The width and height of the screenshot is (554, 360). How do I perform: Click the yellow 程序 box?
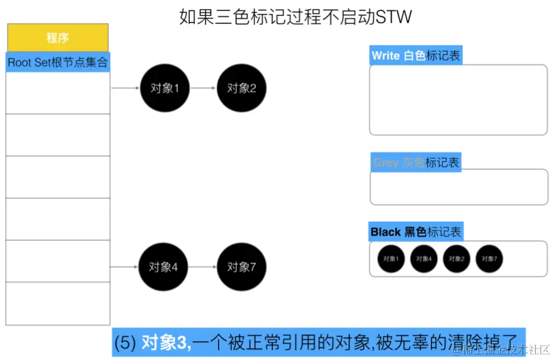pyautogui.click(x=58, y=38)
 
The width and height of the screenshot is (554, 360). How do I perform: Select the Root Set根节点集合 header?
pyautogui.click(x=58, y=62)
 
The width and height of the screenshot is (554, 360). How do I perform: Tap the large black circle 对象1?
pyautogui.click(x=164, y=88)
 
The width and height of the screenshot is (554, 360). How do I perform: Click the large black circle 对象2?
pyautogui.click(x=241, y=88)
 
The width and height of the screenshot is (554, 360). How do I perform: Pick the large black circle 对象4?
pyautogui.click(x=163, y=267)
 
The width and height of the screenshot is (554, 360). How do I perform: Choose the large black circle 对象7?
pyautogui.click(x=241, y=267)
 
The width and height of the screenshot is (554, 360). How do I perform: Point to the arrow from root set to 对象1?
pyautogui.click(x=125, y=88)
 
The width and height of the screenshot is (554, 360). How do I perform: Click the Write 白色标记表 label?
pyautogui.click(x=415, y=56)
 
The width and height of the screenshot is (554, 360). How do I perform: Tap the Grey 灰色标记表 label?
pyautogui.click(x=416, y=162)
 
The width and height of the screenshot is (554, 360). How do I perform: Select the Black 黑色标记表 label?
pyautogui.click(x=416, y=232)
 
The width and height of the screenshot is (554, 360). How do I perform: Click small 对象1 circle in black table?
pyautogui.click(x=391, y=259)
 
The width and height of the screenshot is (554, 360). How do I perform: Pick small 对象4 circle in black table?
pyautogui.click(x=424, y=259)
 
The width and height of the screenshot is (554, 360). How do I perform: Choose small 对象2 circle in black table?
pyautogui.click(x=456, y=259)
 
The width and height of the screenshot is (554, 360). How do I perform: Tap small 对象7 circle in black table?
pyautogui.click(x=488, y=259)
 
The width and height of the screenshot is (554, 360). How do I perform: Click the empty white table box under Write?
pyautogui.click(x=458, y=99)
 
